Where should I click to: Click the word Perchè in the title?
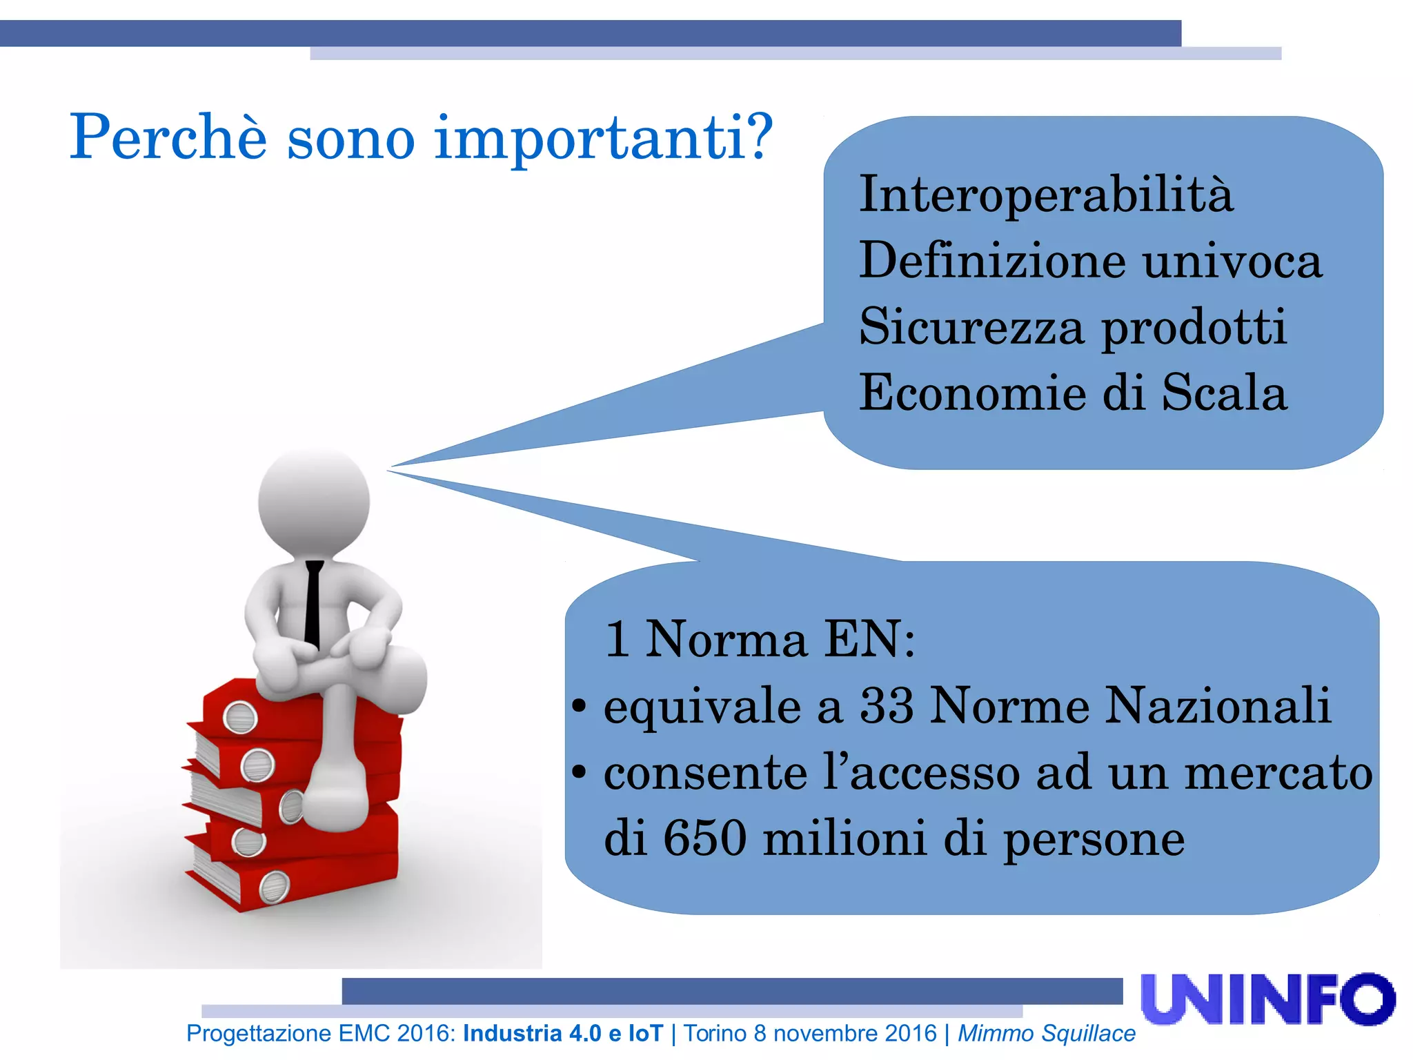pyautogui.click(x=168, y=137)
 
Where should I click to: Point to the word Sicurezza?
pyautogui.click(x=971, y=326)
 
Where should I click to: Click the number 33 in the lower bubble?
pyautogui.click(x=887, y=705)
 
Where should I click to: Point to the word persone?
pyautogui.click(x=1094, y=839)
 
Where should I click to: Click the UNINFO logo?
pyautogui.click(x=1267, y=999)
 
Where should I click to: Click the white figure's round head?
pyautogui.click(x=314, y=500)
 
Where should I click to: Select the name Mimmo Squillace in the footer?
pyautogui.click(x=1046, y=1033)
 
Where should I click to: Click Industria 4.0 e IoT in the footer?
pyautogui.click(x=562, y=1033)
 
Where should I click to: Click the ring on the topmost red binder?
pyautogui.click(x=240, y=717)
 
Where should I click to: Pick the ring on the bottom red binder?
pyautogui.click(x=274, y=887)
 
